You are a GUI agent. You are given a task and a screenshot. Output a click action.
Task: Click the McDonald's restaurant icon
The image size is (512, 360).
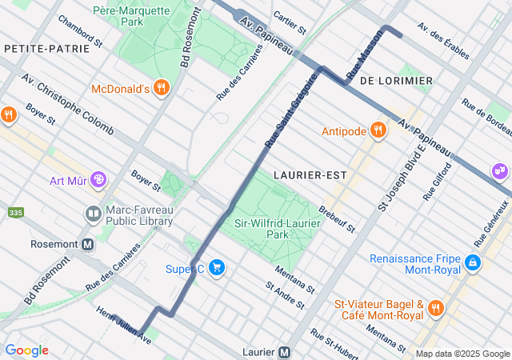tap(162, 88)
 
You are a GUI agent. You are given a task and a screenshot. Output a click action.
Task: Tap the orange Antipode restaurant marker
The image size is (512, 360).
tap(378, 130)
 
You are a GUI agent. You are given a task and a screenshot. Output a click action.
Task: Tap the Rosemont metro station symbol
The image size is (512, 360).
tap(88, 243)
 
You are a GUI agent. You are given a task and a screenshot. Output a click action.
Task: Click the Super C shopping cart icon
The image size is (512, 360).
tap(215, 268)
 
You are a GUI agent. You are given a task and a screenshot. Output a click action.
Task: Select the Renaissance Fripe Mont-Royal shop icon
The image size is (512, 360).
tap(474, 262)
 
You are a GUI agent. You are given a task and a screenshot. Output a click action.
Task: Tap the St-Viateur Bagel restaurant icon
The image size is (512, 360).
tap(435, 309)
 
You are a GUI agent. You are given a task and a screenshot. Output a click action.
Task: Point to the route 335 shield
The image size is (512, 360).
tap(14, 213)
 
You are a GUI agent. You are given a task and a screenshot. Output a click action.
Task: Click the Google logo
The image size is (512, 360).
tap(26, 350)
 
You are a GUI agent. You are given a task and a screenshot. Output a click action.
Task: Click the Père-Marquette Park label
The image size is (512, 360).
tap(131, 17)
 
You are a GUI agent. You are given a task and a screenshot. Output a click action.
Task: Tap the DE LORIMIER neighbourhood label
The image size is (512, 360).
tap(396, 81)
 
